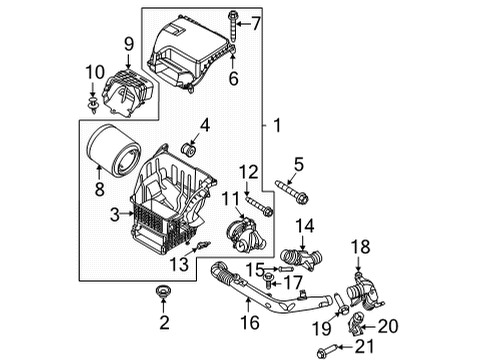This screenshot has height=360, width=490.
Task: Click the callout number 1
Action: [279, 128]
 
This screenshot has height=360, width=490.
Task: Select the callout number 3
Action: [115, 212]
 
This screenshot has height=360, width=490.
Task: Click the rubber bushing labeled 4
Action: [186, 150]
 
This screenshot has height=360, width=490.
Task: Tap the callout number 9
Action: [128, 43]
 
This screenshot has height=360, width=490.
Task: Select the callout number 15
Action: [255, 267]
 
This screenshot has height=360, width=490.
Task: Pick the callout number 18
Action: [362, 245]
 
